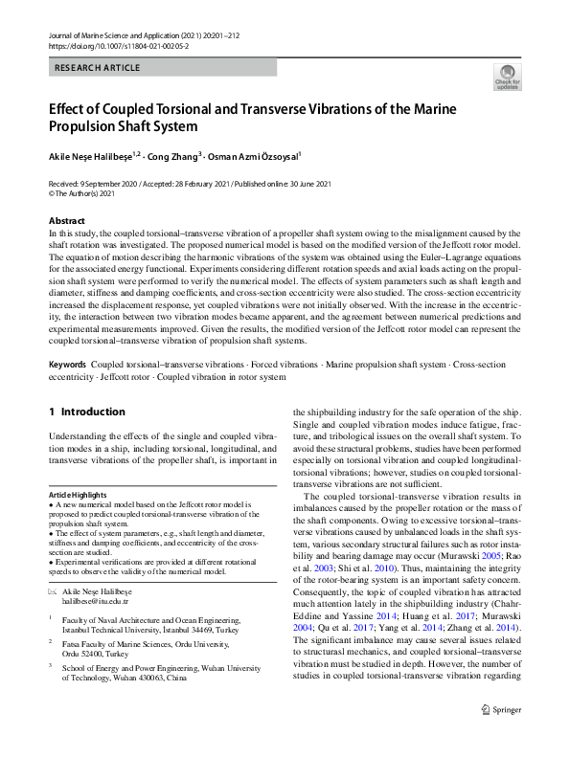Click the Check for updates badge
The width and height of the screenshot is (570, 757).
pos(506,78)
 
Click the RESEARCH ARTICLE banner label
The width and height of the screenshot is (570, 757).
pos(99,68)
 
